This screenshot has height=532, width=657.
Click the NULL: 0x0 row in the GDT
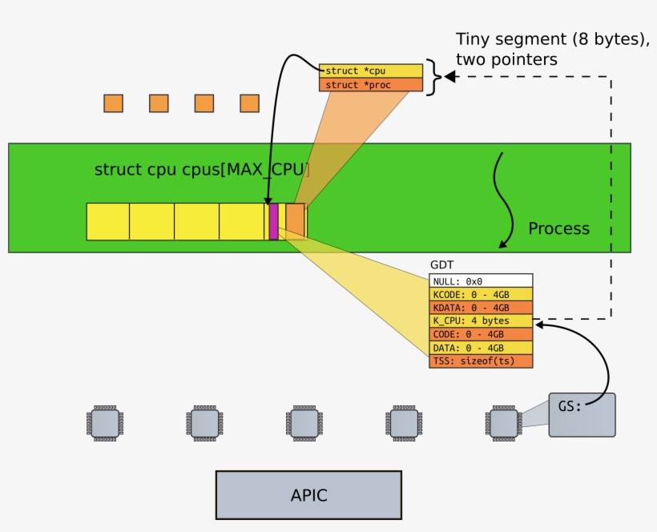[x=481, y=281]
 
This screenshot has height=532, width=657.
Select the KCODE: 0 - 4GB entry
[x=481, y=294]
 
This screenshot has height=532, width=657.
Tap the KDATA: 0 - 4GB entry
[x=481, y=308]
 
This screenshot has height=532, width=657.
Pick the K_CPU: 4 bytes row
[x=481, y=320]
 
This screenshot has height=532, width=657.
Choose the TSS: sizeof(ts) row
[x=481, y=361]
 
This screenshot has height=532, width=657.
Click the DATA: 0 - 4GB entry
[x=481, y=348]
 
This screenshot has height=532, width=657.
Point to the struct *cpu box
[x=370, y=71]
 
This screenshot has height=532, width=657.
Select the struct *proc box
[x=370, y=85]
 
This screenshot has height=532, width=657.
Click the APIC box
[x=308, y=495]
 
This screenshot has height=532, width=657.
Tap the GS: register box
[x=582, y=414]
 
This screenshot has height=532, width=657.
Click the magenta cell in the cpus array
[x=274, y=221]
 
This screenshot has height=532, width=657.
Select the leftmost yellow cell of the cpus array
[x=108, y=221]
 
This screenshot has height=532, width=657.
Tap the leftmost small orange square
[x=113, y=103]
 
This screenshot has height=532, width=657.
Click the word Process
[x=558, y=228]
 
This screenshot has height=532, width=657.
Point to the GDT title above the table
[x=442, y=265]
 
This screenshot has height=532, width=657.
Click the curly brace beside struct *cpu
[x=433, y=78]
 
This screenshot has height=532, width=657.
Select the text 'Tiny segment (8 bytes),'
[x=552, y=40]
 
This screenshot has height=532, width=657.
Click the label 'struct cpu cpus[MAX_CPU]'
[x=202, y=170]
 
